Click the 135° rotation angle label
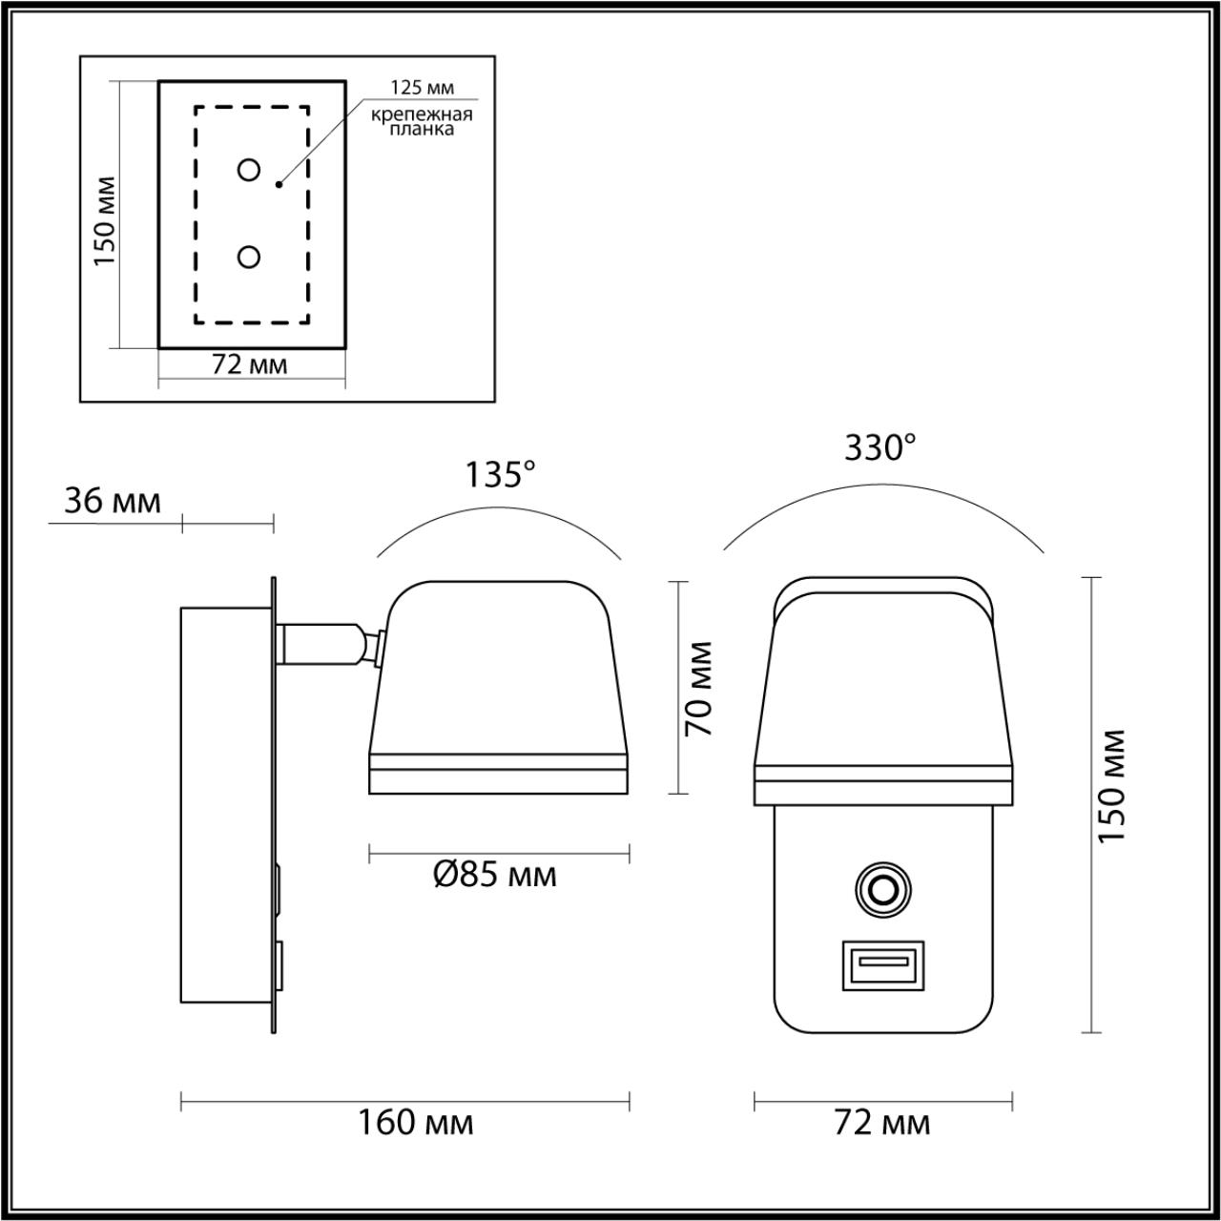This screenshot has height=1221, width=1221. pos(501,474)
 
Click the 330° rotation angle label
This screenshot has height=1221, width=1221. pos(880,446)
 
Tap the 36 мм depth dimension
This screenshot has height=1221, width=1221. pos(113,502)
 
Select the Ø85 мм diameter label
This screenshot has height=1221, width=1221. pos(494,875)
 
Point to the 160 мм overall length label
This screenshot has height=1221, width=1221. pos(415,1123)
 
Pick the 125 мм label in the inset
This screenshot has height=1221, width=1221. pos(422,88)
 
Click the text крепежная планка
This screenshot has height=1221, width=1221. pos(423,122)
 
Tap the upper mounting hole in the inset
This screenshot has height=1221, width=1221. pos(249,170)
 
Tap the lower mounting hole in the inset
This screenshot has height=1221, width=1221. pos(249,257)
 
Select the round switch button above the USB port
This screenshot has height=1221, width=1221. pos(882,889)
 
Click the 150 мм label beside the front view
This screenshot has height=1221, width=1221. pos(1111,785)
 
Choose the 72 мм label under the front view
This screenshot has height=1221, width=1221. pos(882,1123)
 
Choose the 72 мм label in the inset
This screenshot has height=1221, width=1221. pos(250,365)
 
